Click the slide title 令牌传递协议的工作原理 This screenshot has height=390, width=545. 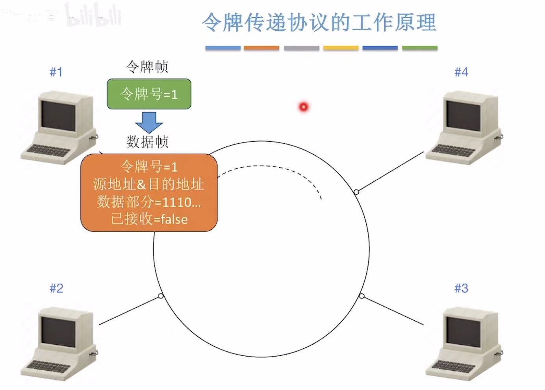(319, 22)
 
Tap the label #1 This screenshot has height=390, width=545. (56, 72)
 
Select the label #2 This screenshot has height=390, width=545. (56, 288)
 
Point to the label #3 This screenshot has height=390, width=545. (461, 288)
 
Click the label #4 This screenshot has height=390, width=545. (461, 72)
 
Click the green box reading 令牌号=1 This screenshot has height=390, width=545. (149, 94)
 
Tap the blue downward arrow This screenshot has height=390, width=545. (149, 122)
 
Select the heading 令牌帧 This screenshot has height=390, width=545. (147, 67)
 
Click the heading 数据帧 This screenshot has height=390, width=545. (147, 142)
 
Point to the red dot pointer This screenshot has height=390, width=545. (304, 107)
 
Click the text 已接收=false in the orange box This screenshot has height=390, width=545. (149, 219)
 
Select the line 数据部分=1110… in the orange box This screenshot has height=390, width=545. (149, 202)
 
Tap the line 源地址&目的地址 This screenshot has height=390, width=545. (149, 184)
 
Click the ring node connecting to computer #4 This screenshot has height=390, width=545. (356, 192)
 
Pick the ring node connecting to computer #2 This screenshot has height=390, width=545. (161, 296)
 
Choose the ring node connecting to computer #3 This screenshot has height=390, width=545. (362, 296)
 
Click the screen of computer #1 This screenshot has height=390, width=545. (58, 115)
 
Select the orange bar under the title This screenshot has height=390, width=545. (261, 48)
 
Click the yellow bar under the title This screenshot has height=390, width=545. (341, 48)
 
